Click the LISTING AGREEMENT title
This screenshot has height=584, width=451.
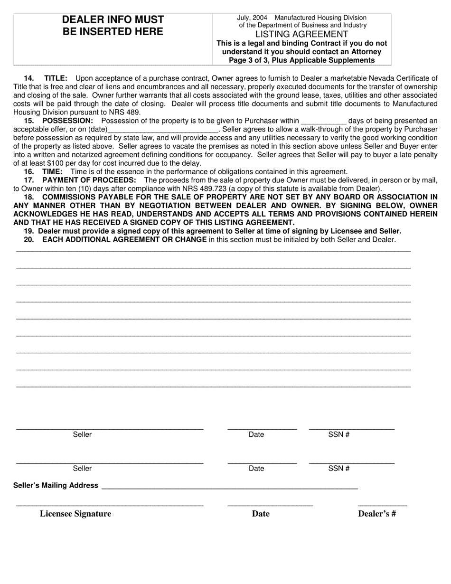pos(301,34)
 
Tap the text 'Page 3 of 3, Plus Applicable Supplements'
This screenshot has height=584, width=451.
pos(301,60)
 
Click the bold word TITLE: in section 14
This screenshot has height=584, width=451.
pos(56,78)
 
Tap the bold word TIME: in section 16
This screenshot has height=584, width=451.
pos(52,171)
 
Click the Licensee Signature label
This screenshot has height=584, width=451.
pos(75,514)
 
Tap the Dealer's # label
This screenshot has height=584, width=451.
pos(377,514)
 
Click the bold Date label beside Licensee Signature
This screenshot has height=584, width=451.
pos(261,514)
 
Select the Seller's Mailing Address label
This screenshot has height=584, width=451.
pos(56,485)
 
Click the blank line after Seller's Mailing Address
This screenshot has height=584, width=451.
pos(230,487)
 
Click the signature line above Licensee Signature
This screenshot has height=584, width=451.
pos(110,505)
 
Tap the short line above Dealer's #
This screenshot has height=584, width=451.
pos(382,505)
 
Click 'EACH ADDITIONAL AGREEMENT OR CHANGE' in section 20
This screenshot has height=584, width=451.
pos(124,239)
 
